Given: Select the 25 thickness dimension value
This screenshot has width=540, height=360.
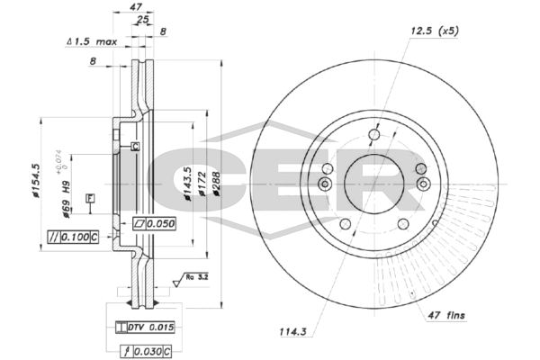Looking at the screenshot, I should pyautogui.click(x=143, y=19).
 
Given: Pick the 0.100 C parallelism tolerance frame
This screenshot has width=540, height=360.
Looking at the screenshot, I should pyautogui.click(x=71, y=237).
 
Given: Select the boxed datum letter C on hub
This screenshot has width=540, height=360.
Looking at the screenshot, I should pyautogui.click(x=134, y=147).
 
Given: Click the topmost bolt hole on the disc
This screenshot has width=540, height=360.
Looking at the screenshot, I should pyautogui.click(x=373, y=137).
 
